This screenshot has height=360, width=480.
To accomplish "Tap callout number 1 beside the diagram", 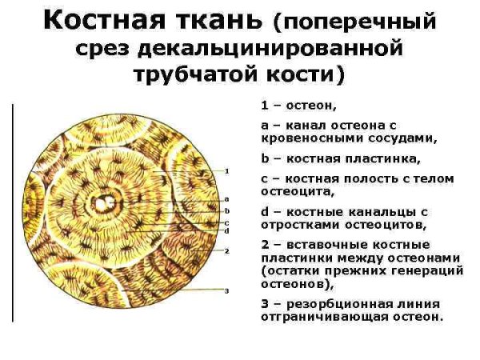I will click(227, 171).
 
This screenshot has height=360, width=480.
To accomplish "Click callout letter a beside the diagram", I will click(227, 198).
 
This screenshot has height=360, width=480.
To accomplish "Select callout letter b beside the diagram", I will click(227, 210).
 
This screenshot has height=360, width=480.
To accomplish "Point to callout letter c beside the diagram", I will click(227, 222).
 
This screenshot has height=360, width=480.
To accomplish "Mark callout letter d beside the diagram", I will click(227, 230).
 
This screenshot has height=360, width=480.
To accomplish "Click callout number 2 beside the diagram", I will click(227, 250).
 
